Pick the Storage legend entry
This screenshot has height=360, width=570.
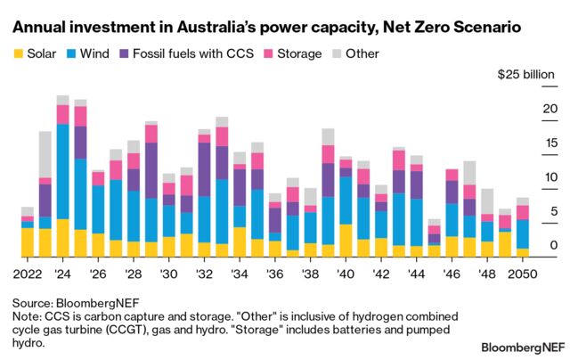[295, 53]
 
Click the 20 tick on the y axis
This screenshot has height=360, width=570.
[525, 109]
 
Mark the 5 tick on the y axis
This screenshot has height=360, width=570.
[529, 211]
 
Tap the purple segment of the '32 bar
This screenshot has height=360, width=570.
[204, 168]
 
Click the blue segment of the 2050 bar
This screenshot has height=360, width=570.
[522, 233]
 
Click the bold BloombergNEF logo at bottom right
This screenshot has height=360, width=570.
[521, 345]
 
